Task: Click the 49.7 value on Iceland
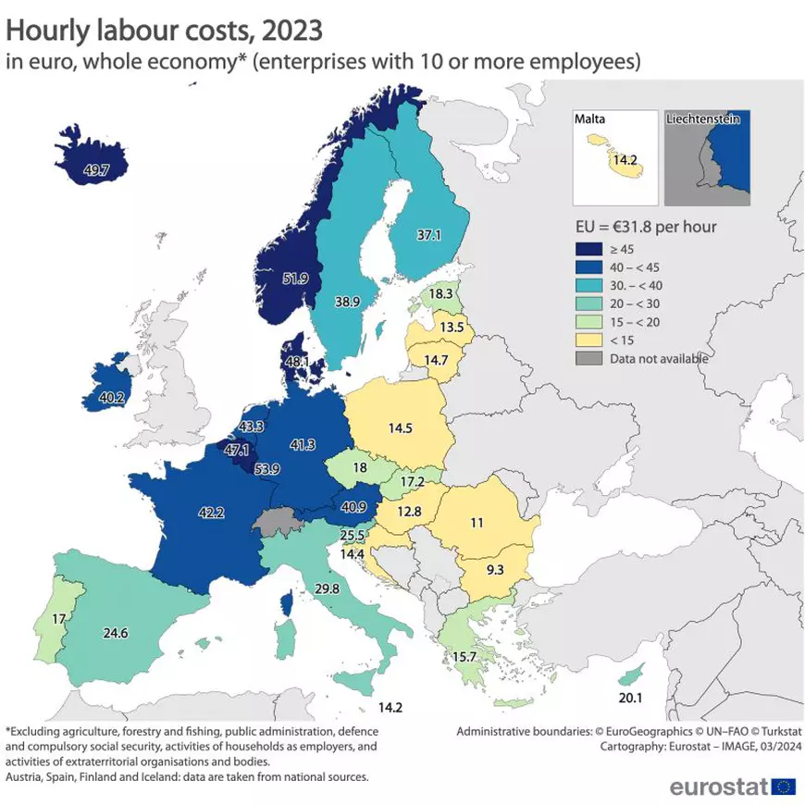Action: [x=96, y=170]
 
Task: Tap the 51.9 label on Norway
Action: [x=296, y=278]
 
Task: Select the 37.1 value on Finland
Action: [x=427, y=236]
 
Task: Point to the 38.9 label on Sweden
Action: [x=347, y=302]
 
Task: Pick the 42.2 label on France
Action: [x=211, y=512]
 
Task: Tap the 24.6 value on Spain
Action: [x=116, y=634]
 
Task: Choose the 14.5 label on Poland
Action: [x=402, y=429]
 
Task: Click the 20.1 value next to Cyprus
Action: [x=630, y=698]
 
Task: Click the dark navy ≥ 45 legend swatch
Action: [x=586, y=248]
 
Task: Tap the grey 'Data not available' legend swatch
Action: [x=586, y=358]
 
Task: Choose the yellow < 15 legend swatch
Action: [x=586, y=340]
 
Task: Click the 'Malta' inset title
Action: [x=590, y=119]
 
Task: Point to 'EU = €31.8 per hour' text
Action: [x=641, y=226]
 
